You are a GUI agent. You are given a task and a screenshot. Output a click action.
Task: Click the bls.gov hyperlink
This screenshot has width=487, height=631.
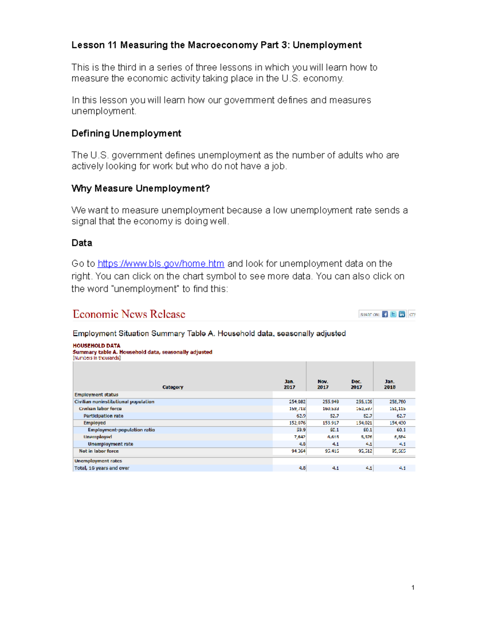click(x=161, y=264)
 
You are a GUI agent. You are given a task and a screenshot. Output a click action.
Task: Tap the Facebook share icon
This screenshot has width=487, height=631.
click(x=385, y=314)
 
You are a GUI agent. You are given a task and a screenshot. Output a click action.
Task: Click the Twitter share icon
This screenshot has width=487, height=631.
click(x=393, y=314)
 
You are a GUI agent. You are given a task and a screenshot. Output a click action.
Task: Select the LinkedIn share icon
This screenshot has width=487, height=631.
click(x=402, y=314)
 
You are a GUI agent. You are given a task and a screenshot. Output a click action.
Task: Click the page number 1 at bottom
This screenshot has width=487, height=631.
click(x=413, y=588)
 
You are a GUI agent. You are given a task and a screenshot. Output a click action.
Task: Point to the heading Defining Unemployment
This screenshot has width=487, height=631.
click(x=126, y=133)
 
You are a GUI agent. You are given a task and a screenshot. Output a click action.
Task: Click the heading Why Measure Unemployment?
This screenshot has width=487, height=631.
click(x=140, y=189)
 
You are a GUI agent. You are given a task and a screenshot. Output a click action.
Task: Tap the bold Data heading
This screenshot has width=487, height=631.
click(x=82, y=243)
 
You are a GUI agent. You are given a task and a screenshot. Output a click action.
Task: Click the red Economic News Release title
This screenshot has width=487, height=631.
click(x=129, y=314)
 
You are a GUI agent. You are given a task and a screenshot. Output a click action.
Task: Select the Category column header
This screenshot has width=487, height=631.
click(x=173, y=387)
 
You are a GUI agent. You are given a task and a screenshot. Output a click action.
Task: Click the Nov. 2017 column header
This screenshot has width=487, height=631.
click(x=323, y=384)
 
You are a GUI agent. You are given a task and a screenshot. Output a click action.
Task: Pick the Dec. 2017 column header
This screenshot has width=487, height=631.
click(x=356, y=384)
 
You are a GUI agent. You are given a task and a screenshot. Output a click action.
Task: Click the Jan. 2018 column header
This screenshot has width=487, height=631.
click(x=390, y=384)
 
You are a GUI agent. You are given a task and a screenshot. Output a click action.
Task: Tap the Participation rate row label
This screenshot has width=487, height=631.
click(x=103, y=416)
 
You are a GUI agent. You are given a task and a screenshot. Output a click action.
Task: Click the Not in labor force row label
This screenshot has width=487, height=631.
click(x=99, y=451)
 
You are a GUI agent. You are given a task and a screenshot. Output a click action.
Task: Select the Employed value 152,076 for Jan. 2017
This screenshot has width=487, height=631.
click(x=297, y=423)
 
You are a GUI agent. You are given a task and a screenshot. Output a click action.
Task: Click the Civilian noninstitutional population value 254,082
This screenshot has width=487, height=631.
click(x=297, y=402)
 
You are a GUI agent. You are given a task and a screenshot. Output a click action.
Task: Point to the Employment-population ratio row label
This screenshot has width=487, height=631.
click(x=121, y=430)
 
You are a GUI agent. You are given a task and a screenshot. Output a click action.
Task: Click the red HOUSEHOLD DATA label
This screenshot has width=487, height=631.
click(x=97, y=346)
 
